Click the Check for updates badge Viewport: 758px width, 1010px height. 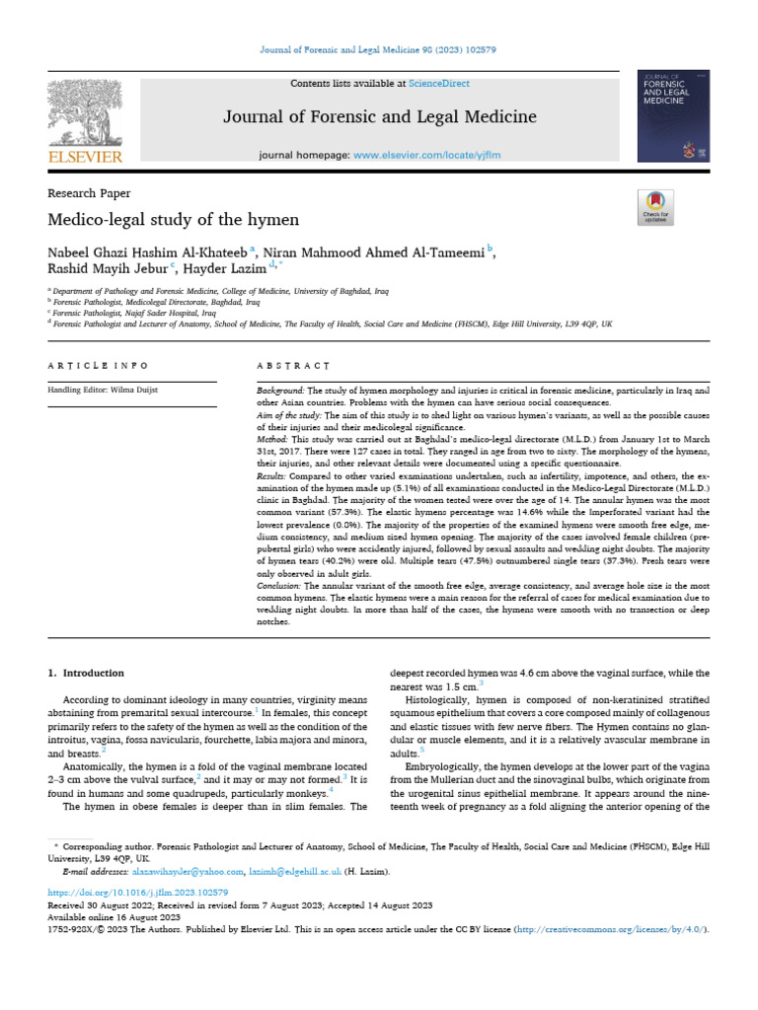tap(655, 206)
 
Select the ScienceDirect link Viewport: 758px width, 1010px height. tap(441, 84)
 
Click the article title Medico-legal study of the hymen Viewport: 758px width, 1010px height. tap(173, 219)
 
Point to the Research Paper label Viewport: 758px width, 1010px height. tap(89, 193)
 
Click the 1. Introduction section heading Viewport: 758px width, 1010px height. tap(87, 673)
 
